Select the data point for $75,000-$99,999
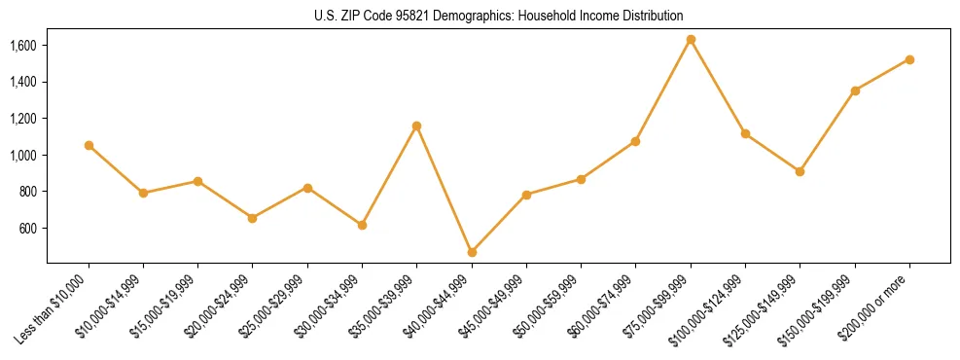coord(691,40)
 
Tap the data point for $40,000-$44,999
coord(472,252)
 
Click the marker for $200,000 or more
coord(909,59)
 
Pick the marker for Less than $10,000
coord(89,145)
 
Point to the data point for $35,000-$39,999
coord(416,126)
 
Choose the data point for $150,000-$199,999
coord(855,90)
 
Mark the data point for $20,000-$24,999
coord(253,218)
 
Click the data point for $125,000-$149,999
coord(800,171)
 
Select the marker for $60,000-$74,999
coord(635,141)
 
